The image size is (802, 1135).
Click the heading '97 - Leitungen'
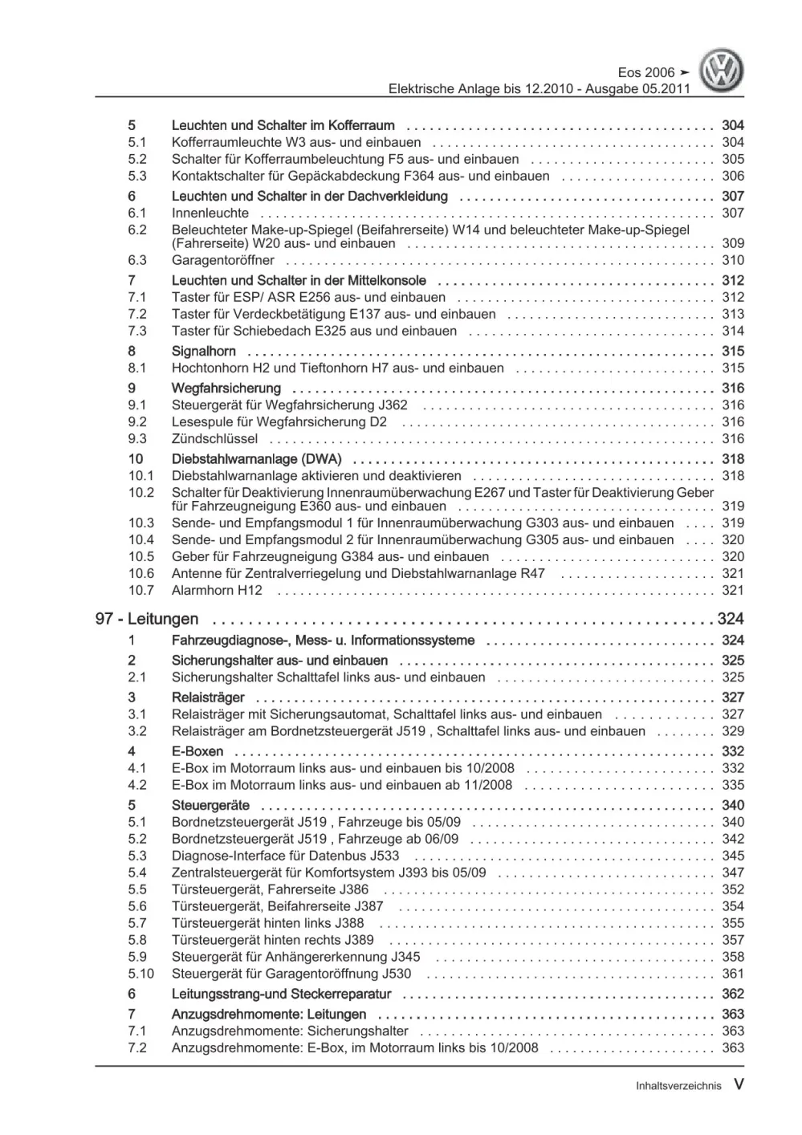pyautogui.click(x=147, y=619)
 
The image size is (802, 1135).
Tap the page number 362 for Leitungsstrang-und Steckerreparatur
pyautogui.click(x=732, y=994)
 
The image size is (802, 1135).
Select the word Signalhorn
pyautogui.click(x=204, y=351)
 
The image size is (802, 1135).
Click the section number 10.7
pyautogui.click(x=140, y=590)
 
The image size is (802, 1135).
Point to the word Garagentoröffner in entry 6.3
pyautogui.click(x=222, y=260)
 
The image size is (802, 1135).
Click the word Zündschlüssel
pyautogui.click(x=214, y=438)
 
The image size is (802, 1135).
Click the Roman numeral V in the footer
pyautogui.click(x=739, y=1084)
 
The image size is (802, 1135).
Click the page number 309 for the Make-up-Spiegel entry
pyautogui.click(x=732, y=243)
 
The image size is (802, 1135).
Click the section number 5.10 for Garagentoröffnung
pyautogui.click(x=140, y=974)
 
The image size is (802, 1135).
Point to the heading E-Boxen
pyautogui.click(x=197, y=751)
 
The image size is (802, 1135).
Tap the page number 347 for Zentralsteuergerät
pyautogui.click(x=732, y=873)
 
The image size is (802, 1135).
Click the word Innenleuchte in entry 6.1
pyautogui.click(x=210, y=213)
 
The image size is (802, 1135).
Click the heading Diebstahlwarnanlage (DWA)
pyautogui.click(x=256, y=459)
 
